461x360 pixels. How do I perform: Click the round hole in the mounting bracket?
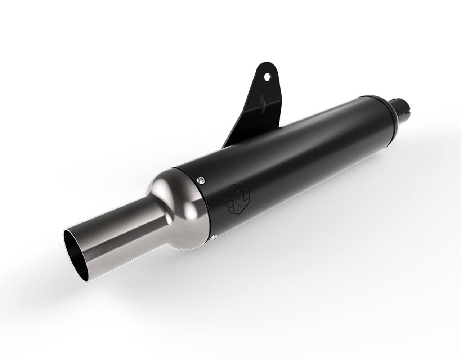267,77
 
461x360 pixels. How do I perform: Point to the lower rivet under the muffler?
214,237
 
